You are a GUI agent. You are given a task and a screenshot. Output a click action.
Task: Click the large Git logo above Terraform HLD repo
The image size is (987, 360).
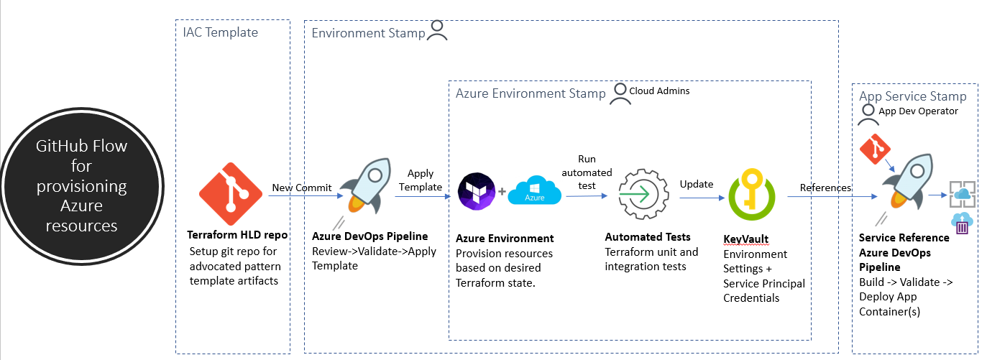click(x=231, y=194)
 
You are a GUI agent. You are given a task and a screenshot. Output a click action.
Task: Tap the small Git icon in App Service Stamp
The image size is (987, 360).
click(x=875, y=149)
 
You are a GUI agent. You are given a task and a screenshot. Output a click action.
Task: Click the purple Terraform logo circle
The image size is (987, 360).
click(x=477, y=191)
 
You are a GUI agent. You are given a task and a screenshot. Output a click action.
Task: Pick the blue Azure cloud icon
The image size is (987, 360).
click(x=535, y=190)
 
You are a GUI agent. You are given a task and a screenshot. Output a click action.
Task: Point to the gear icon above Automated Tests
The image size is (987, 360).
click(x=644, y=194)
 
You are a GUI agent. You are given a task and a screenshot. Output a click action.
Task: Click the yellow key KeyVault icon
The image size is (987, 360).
click(x=752, y=194)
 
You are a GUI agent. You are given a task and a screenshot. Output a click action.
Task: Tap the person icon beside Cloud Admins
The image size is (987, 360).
click(x=620, y=94)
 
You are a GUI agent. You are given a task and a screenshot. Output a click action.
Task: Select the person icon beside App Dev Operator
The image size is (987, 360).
click(x=868, y=114)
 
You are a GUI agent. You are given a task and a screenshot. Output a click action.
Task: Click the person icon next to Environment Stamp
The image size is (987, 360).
click(x=437, y=30)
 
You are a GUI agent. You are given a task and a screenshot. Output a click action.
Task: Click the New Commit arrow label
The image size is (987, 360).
click(x=302, y=188)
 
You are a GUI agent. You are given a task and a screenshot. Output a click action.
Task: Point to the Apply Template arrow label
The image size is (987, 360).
click(x=421, y=180)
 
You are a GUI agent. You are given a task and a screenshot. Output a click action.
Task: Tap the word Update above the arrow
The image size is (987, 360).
click(x=696, y=184)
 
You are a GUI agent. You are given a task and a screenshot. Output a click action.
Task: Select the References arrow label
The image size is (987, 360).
click(x=825, y=188)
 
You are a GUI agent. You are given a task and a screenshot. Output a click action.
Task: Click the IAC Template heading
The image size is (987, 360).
click(x=220, y=32)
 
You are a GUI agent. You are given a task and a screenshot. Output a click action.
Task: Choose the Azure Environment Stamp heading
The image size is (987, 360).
click(x=531, y=93)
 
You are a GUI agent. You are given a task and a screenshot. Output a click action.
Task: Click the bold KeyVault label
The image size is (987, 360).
click(x=746, y=239)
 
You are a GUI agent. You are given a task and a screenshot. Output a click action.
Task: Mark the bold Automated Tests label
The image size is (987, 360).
click(x=648, y=237)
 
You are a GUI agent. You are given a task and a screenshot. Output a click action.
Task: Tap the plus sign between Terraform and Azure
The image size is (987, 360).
click(x=502, y=192)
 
